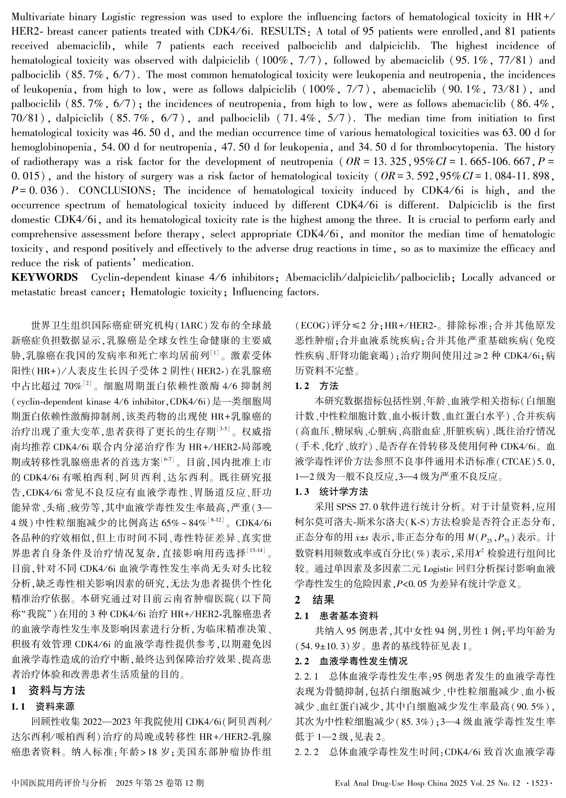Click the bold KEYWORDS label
(44, 278)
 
